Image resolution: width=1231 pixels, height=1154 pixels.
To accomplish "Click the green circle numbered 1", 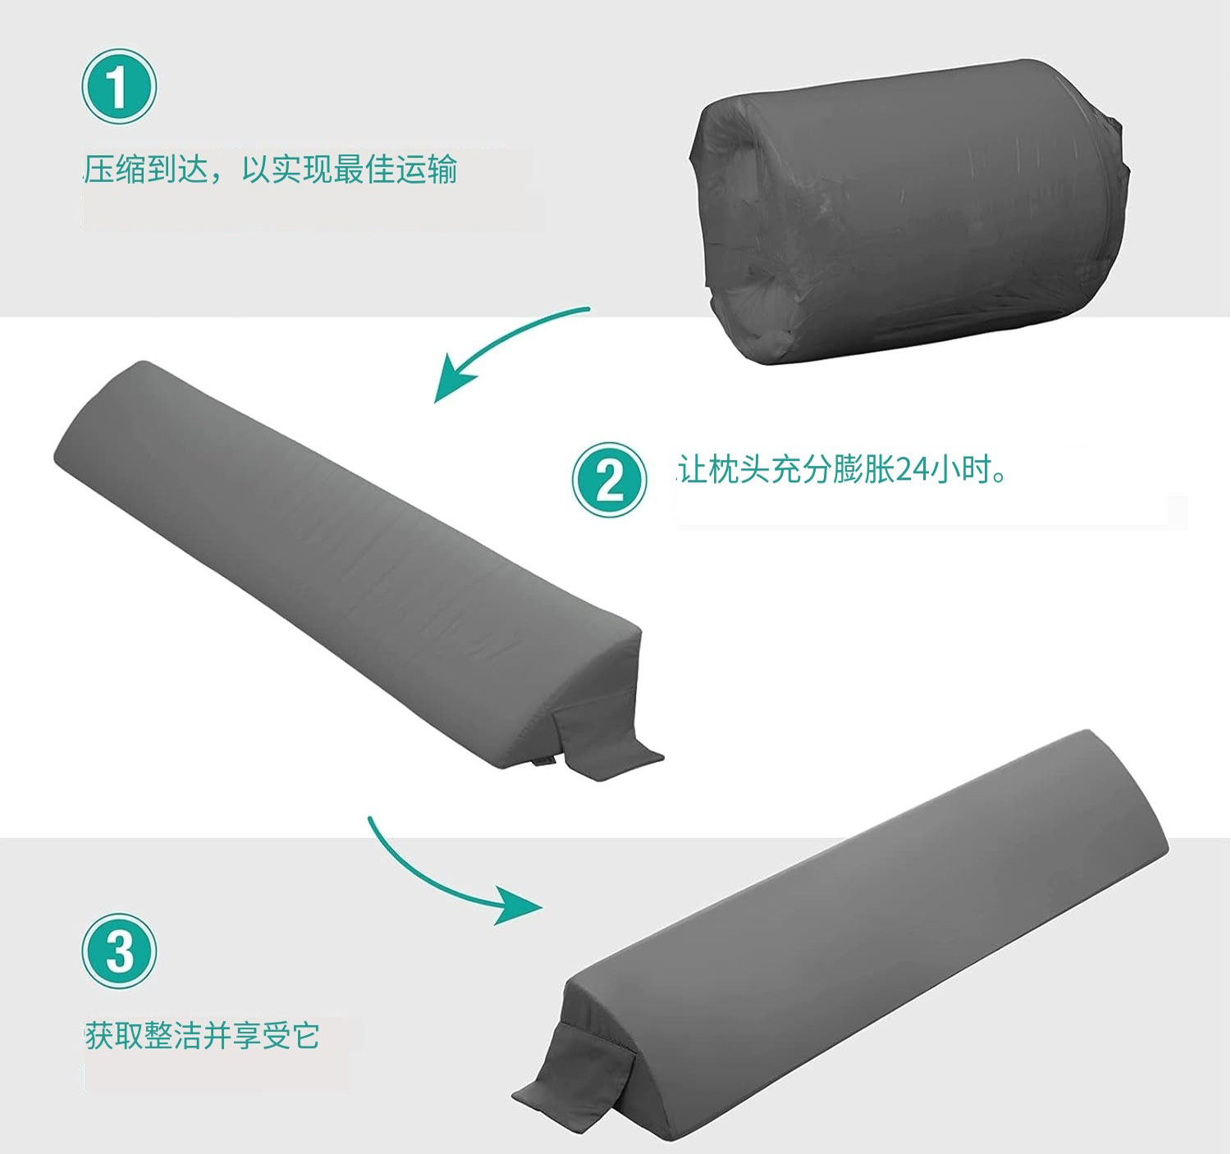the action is tap(119, 87).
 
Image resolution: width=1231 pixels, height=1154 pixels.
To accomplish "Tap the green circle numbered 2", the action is tap(609, 480).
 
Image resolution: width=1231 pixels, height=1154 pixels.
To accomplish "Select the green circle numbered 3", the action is tap(119, 951).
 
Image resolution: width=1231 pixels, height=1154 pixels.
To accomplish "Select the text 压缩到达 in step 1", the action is tap(146, 169).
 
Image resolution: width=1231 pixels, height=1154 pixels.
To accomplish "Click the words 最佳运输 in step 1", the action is tap(396, 169).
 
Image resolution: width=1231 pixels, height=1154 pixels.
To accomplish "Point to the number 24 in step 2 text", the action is tap(913, 470).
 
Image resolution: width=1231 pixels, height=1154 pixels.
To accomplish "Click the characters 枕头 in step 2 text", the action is tap(739, 469).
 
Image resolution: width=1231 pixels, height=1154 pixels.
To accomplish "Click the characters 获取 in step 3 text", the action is tap(114, 1036).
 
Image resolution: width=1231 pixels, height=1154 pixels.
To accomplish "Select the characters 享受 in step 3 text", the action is tap(261, 1036).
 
